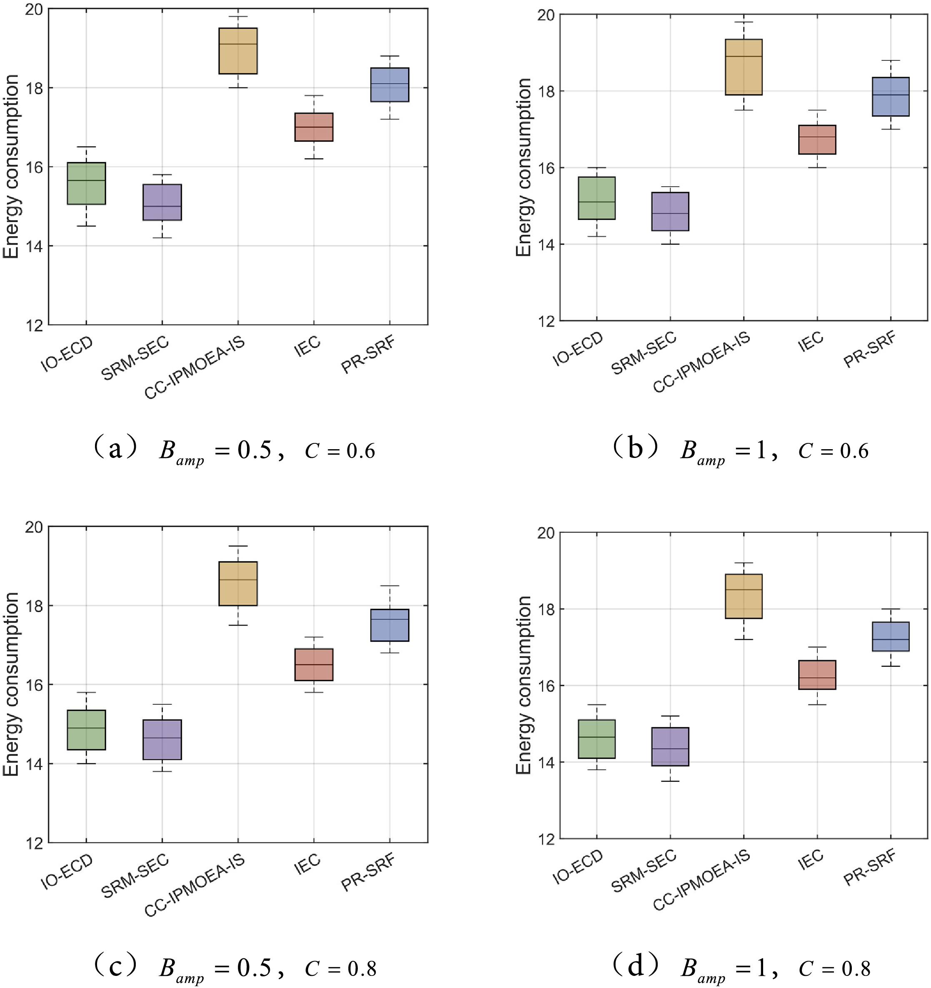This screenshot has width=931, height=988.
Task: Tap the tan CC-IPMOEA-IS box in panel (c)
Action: pos(238,583)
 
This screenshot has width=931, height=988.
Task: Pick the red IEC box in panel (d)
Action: pos(817,675)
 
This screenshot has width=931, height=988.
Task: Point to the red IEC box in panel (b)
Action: pos(817,140)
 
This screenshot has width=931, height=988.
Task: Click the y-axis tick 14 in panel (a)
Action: pos(36,246)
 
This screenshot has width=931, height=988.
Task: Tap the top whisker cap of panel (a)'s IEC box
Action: pos(314,95)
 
